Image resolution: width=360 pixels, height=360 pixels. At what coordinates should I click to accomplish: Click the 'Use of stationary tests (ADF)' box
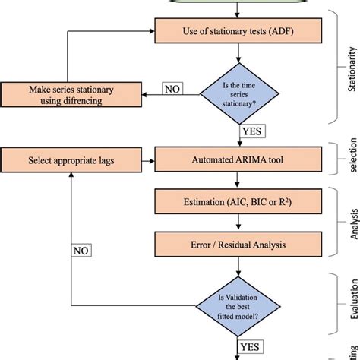[x=240, y=30]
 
